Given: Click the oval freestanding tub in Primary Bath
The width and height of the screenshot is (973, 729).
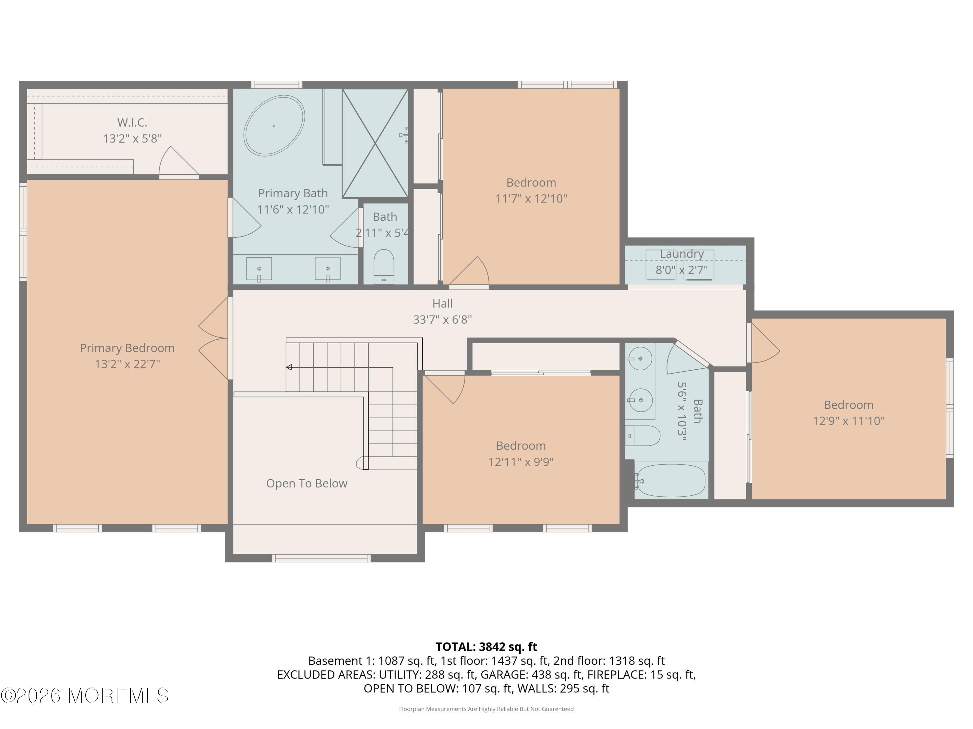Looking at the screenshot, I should [x=274, y=126].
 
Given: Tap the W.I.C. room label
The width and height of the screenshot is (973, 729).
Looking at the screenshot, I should [x=132, y=122].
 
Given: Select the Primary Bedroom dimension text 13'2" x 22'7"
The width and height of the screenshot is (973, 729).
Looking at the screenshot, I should [x=127, y=364].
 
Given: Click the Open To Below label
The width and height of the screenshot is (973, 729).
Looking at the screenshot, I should [x=306, y=483].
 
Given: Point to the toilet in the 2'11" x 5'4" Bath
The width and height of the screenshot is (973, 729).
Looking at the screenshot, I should [x=384, y=266].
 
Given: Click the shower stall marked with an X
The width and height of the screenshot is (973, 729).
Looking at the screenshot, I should [x=375, y=143].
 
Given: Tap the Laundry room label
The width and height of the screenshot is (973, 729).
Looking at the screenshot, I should [x=681, y=254].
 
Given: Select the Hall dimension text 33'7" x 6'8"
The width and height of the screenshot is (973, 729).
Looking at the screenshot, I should [x=442, y=319].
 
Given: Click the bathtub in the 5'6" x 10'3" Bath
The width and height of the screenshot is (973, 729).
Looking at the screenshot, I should [x=670, y=481].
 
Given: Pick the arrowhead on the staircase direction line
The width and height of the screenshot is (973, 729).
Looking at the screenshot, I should [x=289, y=367].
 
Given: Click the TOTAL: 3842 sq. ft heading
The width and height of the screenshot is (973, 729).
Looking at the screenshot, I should [x=486, y=647].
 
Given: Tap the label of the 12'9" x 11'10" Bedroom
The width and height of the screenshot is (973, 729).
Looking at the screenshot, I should [x=848, y=405].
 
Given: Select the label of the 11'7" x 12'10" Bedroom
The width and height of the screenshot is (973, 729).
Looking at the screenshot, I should [x=531, y=182].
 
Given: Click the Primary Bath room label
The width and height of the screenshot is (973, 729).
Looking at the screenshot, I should [x=293, y=193].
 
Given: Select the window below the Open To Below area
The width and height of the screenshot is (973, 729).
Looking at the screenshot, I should [x=321, y=558].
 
